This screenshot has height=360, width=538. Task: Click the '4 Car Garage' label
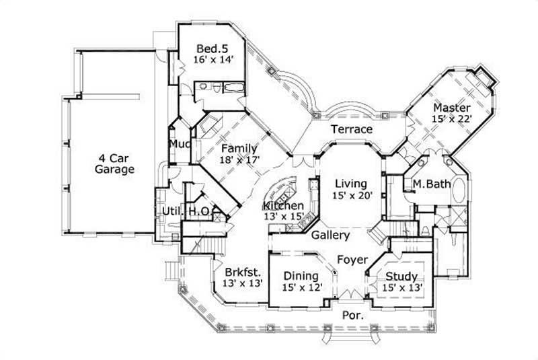point(114,164)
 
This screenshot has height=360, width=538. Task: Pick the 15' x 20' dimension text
point(350,195)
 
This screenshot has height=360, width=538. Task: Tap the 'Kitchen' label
point(283,205)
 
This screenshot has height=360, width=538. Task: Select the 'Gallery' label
point(330,236)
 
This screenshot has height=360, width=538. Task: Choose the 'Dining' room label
point(300,276)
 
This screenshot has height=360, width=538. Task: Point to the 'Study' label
point(401,276)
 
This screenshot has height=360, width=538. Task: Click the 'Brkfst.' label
point(240,273)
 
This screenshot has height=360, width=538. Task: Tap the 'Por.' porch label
point(352,314)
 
